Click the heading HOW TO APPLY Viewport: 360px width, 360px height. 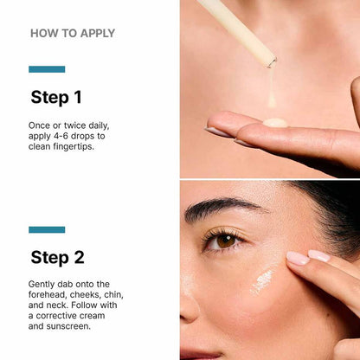pyautogui.click(x=73, y=34)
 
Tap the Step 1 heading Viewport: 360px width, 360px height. pyautogui.click(x=56, y=96)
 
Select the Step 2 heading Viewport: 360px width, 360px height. pyautogui.click(x=57, y=256)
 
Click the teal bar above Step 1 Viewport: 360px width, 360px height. pyautogui.click(x=47, y=69)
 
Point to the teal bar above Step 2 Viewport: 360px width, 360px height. pyautogui.click(x=47, y=229)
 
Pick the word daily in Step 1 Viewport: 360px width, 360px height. pyautogui.click(x=95, y=125)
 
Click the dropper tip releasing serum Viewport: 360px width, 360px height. pyautogui.click(x=271, y=62)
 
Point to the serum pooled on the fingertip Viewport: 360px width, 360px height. pyautogui.click(x=275, y=122)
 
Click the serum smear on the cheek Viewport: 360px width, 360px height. pyautogui.click(x=262, y=281)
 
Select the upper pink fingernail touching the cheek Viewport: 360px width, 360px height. pyautogui.click(x=298, y=257)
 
